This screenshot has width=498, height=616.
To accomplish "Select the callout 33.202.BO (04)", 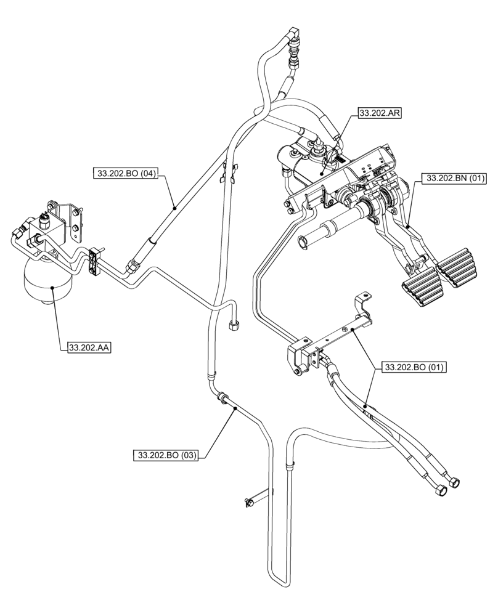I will coord(125,174).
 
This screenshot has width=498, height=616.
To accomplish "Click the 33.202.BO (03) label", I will coord(166,455).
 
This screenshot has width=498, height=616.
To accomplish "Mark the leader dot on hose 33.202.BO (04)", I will coord(175,208).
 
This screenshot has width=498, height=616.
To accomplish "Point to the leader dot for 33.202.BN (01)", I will coord(409,227).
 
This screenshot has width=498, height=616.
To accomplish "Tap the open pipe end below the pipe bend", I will coord(235,326).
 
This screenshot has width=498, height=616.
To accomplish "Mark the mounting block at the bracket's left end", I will coord(300,359).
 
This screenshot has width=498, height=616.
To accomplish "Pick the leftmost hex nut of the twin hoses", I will coord(440,490).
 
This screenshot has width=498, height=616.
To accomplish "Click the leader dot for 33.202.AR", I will coord(322,175).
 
